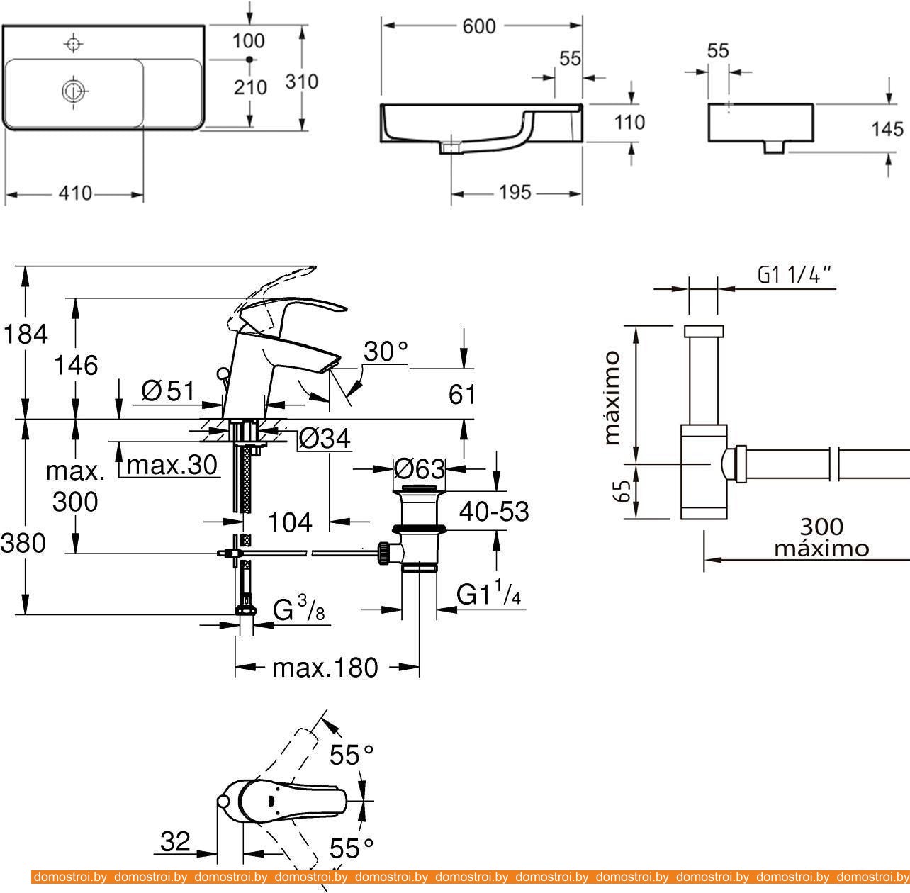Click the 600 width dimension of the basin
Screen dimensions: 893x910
(x=479, y=26)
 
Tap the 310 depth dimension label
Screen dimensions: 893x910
(x=302, y=82)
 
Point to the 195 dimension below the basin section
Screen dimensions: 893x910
(x=515, y=192)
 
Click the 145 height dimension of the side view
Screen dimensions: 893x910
(x=888, y=129)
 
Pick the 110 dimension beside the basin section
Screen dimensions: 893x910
(x=629, y=122)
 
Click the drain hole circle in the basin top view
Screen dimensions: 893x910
(x=73, y=90)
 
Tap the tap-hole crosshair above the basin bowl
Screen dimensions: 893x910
(x=72, y=44)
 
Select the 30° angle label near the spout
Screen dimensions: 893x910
(x=386, y=351)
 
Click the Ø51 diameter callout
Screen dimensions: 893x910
(x=167, y=390)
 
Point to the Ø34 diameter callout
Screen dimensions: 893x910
(x=324, y=439)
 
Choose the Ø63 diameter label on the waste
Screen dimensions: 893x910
(x=420, y=468)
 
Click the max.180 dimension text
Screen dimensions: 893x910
(x=325, y=667)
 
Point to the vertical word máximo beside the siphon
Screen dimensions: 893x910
(x=612, y=397)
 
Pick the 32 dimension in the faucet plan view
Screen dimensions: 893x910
(x=175, y=841)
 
